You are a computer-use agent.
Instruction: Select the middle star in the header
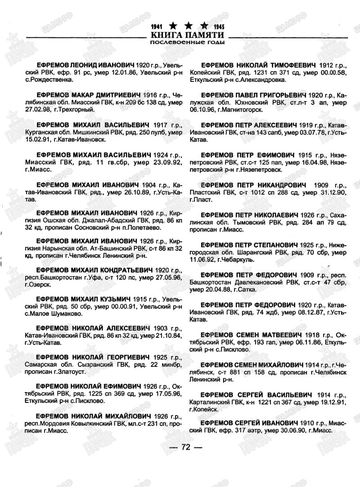(x=188, y=25)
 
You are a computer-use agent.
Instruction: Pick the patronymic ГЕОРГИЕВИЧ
(x=121, y=357)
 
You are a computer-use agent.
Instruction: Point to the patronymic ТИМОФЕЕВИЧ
(x=291, y=65)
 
